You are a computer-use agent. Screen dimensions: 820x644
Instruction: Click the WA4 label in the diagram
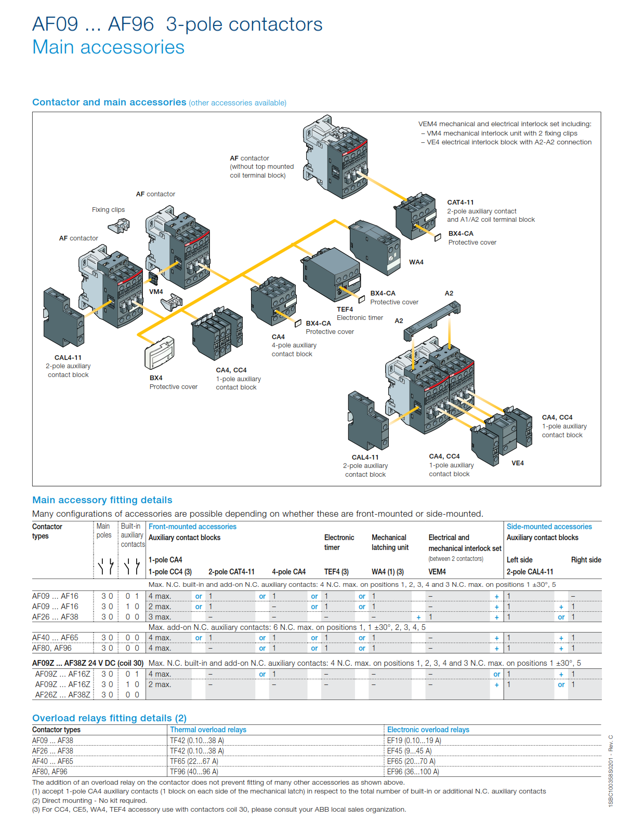pyautogui.click(x=416, y=262)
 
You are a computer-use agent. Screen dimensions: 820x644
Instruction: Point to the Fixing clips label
pyautogui.click(x=108, y=210)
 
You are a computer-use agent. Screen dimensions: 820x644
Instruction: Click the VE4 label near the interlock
pyautogui.click(x=517, y=463)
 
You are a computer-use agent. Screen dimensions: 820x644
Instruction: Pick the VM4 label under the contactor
pyautogui.click(x=156, y=292)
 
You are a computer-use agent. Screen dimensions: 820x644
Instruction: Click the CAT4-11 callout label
pyautogui.click(x=460, y=203)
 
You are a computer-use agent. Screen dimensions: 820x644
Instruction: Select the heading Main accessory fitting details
pyautogui.click(x=102, y=500)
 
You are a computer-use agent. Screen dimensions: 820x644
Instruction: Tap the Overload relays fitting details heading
pyautogui.click(x=109, y=718)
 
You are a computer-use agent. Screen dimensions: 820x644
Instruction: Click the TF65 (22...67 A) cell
pyautogui.click(x=194, y=761)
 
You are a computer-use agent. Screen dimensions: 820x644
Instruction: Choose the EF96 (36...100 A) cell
pyautogui.click(x=413, y=772)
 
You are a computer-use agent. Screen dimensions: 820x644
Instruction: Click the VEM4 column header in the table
pyautogui.click(x=437, y=572)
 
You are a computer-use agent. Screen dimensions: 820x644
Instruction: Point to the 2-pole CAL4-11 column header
pyautogui.click(x=530, y=572)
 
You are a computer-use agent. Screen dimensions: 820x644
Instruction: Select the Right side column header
pyautogui.click(x=586, y=560)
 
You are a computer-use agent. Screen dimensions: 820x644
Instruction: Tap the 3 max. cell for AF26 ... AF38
pyautogui.click(x=160, y=617)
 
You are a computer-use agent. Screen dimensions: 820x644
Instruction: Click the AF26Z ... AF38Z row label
pyautogui.click(x=62, y=695)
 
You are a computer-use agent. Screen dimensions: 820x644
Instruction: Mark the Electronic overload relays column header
pyautogui.click(x=428, y=730)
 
